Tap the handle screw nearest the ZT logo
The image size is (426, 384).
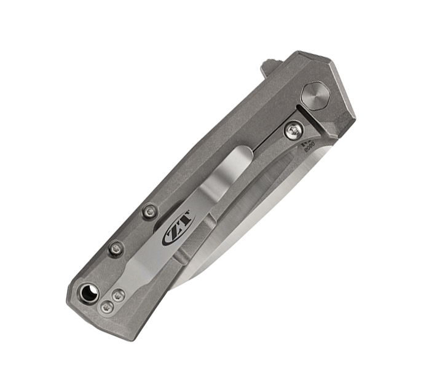point(150,213)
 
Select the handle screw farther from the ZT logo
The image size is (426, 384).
point(116,248)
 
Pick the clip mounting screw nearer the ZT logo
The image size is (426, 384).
point(119,296)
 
